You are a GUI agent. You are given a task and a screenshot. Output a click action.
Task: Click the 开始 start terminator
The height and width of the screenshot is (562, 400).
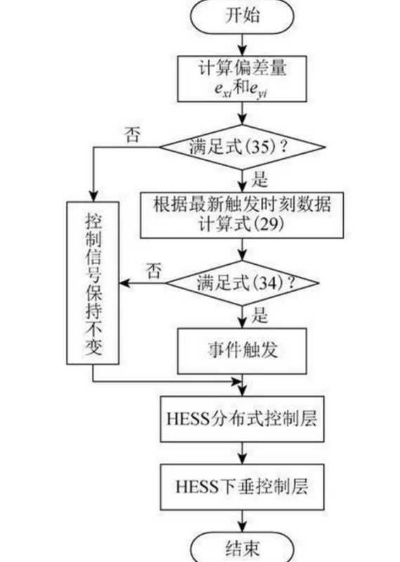(x=242, y=16)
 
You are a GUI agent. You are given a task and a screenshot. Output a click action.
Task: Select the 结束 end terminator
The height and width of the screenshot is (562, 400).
(x=242, y=548)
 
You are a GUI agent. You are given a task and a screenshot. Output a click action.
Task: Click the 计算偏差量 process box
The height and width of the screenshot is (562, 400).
(x=242, y=79)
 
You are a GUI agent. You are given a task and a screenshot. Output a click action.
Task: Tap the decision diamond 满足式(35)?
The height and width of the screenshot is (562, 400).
(x=242, y=147)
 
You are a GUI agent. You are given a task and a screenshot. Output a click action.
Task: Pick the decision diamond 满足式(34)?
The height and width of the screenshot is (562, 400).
(x=242, y=283)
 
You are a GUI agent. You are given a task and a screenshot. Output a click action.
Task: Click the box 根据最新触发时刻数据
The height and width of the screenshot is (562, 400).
(x=242, y=215)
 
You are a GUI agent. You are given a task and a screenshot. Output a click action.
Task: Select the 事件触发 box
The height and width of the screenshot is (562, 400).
(x=242, y=351)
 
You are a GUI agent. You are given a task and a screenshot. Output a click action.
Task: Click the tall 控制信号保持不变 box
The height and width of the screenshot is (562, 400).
(x=93, y=283)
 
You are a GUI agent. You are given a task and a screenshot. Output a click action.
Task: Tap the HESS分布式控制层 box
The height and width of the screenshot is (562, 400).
(x=242, y=419)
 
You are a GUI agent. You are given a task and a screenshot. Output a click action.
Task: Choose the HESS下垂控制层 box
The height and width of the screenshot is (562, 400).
(x=242, y=487)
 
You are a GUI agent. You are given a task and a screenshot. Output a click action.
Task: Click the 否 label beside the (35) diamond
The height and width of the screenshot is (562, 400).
(x=132, y=135)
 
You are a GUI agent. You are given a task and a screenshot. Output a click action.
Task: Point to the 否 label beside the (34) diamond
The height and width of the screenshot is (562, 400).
(x=153, y=271)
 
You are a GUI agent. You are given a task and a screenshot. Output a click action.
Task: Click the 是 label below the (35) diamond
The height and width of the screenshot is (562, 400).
(x=259, y=179)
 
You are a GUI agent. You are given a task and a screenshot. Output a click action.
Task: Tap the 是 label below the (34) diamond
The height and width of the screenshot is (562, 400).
(x=259, y=315)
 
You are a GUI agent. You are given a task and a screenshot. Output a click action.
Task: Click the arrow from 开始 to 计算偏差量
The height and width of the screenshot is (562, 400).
(x=243, y=45)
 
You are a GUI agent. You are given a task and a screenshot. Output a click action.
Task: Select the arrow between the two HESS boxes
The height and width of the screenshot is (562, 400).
(x=243, y=453)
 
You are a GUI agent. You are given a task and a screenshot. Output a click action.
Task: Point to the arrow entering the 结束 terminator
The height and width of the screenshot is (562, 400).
(x=243, y=521)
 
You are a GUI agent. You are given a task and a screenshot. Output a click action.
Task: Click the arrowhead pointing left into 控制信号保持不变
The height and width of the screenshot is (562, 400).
(x=124, y=283)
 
